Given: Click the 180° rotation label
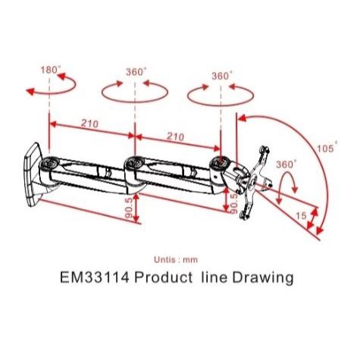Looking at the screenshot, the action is click(x=51, y=70).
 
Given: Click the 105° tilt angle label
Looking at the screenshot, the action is click(x=327, y=148).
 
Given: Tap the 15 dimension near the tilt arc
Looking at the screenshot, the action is click(x=301, y=216).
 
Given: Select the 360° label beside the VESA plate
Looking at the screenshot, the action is click(x=286, y=164).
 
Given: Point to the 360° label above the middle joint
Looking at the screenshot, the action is click(x=136, y=72).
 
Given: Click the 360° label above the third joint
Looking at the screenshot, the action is click(x=222, y=76).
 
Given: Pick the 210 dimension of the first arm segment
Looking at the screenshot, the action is click(x=89, y=124).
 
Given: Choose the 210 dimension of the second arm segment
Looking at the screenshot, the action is click(x=175, y=136).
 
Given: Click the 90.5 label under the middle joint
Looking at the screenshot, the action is click(x=129, y=208).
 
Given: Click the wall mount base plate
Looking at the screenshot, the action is click(x=33, y=175).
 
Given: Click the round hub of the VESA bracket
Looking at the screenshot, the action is click(x=252, y=182).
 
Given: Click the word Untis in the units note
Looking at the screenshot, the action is click(x=164, y=259).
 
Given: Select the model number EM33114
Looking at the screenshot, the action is click(x=95, y=277).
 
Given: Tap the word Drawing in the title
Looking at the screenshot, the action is click(x=263, y=278).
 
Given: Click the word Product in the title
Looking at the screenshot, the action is click(x=163, y=277).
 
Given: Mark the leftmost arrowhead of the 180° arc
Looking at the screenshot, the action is click(x=30, y=92).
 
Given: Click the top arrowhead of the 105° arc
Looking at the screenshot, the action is click(x=242, y=117).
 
